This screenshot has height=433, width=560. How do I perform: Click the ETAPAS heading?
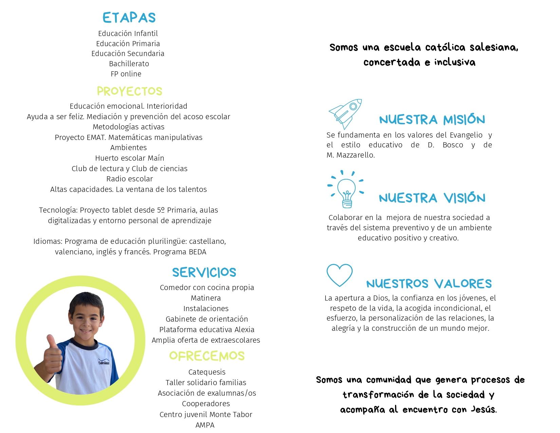click(129, 18)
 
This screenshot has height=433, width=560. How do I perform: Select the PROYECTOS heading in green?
click(129, 91)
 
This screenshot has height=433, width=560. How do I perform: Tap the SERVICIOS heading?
click(204, 272)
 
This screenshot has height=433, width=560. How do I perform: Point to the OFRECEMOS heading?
click(207, 356)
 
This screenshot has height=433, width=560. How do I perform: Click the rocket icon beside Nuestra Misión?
click(345, 113)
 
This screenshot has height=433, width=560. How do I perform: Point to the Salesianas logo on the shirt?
click(104, 362)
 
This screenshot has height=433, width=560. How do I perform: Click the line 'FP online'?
click(126, 74)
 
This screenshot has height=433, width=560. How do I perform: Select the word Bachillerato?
click(129, 64)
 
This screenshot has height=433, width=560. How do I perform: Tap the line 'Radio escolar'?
click(130, 179)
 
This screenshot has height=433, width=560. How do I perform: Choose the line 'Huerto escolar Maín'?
click(130, 158)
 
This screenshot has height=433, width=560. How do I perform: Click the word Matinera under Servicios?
click(206, 298)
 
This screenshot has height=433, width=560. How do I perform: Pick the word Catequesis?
click(207, 372)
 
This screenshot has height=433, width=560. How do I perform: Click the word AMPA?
click(205, 425)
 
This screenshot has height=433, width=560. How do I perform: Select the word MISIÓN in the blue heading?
click(464, 120)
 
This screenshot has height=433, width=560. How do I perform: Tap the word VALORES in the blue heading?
click(463, 284)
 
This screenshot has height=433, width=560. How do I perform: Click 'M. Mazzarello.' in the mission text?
click(351, 155)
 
